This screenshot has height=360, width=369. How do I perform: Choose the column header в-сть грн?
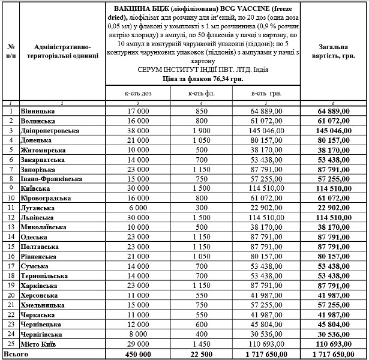point(267,93)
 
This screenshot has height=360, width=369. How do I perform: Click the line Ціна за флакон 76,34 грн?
point(202,78)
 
